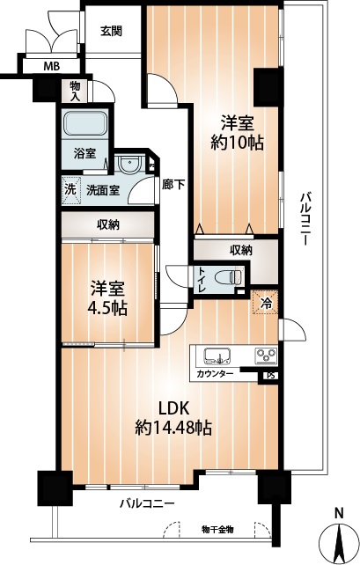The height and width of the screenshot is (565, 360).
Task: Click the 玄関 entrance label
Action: pyautogui.click(x=111, y=31)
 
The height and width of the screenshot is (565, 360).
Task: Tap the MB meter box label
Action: pyautogui.click(x=52, y=66)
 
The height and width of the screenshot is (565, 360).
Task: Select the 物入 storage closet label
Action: pyautogui.click(x=75, y=92)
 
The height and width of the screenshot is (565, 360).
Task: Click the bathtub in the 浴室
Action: pyautogui.click(x=85, y=123)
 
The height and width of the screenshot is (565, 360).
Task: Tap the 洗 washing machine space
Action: pyautogui.click(x=70, y=190)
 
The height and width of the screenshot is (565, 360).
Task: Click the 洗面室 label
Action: pyautogui.click(x=103, y=190)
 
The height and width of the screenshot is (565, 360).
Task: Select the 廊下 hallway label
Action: pyautogui.click(x=173, y=185)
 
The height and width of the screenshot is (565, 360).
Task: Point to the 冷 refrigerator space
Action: pyautogui.click(x=265, y=302)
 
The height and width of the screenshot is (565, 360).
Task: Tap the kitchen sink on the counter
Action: pyautogui.click(x=217, y=356)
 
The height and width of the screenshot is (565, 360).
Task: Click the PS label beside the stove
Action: pyautogui.click(x=270, y=376)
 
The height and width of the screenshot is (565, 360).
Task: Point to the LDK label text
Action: pyautogui.click(x=174, y=408)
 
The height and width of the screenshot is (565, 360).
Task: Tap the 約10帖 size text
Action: pyautogui.click(x=237, y=143)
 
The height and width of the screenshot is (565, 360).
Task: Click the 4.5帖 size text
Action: pyautogui.click(x=107, y=308)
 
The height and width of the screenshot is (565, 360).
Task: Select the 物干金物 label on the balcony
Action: pyautogui.click(x=217, y=529)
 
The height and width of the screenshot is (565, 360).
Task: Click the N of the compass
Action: pyautogui.click(x=338, y=512)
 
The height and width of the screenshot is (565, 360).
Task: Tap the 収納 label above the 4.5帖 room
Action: pyautogui.click(x=108, y=225)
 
